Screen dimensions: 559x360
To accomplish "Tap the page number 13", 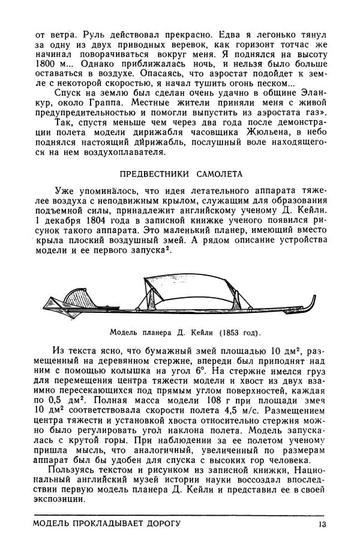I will [x=322, y=524].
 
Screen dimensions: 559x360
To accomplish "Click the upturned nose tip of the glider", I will [x=314, y=299].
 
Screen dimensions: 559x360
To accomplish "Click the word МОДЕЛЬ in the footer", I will [x=54, y=524].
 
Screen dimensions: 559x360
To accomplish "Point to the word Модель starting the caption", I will [x=123, y=331].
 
